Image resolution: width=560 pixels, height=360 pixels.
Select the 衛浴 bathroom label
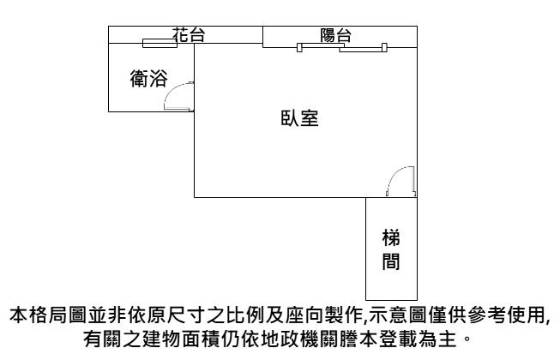pyautogui.click(x=148, y=80)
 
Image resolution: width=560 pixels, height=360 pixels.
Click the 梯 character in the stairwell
pyautogui.click(x=390, y=237)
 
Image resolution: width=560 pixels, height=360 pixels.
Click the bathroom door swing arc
pyautogui.click(x=178, y=97)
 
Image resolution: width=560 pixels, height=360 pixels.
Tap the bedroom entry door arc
pyautogui.click(x=401, y=182)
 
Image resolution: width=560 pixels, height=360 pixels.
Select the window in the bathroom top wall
pyautogui.click(x=160, y=44)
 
